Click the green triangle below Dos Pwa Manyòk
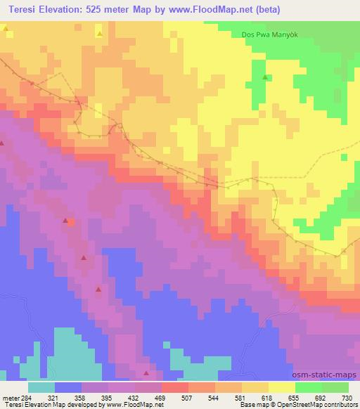pos(265,77)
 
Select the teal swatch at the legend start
pos(41,387)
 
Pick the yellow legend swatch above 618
pos(281,387)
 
